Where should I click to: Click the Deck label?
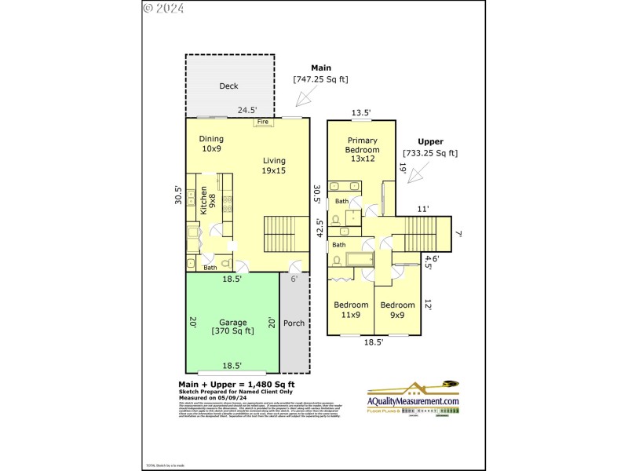(x=228, y=86)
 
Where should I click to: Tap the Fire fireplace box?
(x=263, y=122)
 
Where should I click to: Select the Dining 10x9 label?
(x=211, y=144)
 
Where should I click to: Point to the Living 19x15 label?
(x=274, y=166)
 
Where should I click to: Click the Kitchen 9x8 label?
(x=207, y=200)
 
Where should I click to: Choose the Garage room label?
(x=232, y=327)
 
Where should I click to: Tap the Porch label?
(x=294, y=323)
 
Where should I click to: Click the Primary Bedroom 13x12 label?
(x=363, y=149)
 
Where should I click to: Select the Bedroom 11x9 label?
(x=351, y=309)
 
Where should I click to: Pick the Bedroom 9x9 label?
(x=397, y=309)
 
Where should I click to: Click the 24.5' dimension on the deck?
(x=249, y=110)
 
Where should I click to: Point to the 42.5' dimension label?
(x=319, y=228)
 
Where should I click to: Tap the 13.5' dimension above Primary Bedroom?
(x=361, y=113)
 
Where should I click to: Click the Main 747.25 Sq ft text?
(x=320, y=74)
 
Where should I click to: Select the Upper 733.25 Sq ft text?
(x=430, y=148)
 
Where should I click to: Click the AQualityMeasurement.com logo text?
(x=413, y=401)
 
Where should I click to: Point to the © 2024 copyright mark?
(x=164, y=9)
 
